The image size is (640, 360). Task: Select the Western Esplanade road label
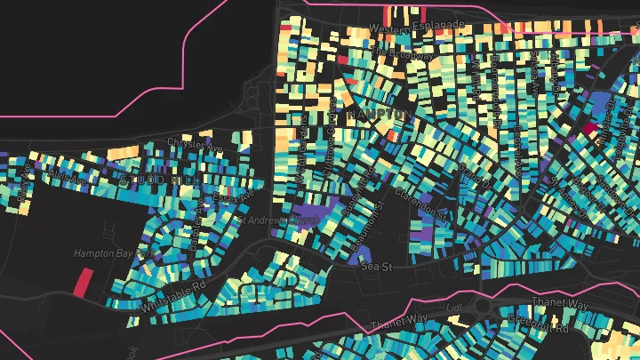[417, 28]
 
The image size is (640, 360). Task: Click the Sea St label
[376, 265]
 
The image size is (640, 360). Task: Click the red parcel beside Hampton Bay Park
[83, 282]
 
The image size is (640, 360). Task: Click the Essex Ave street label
[234, 188]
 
